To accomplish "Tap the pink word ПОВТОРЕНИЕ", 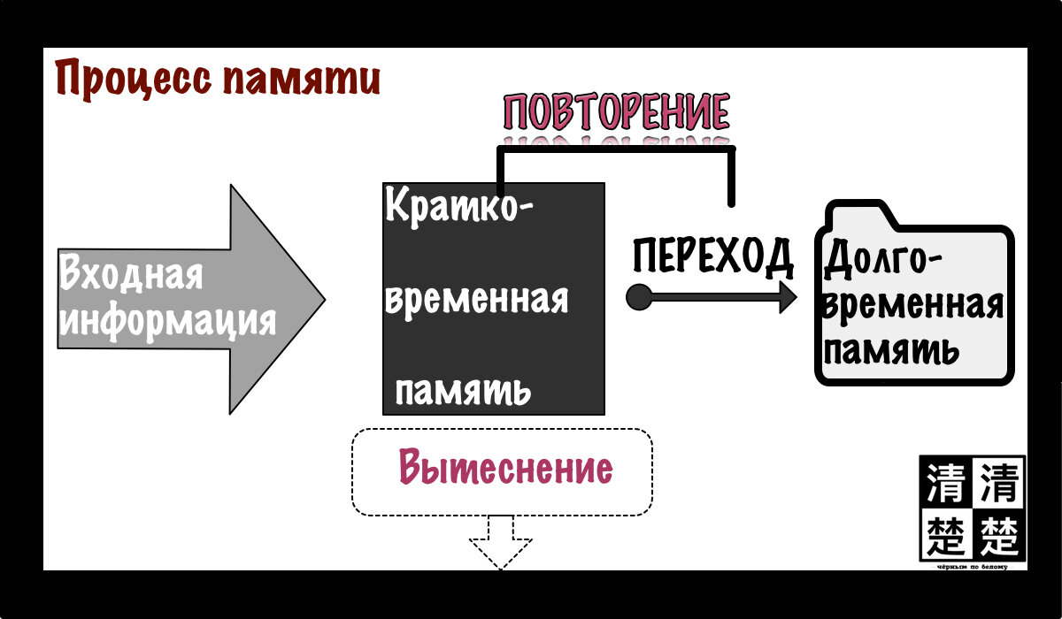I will click(616, 113).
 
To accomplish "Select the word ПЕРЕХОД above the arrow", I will click(712, 257).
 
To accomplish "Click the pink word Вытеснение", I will click(504, 468).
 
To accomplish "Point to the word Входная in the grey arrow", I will click(131, 273).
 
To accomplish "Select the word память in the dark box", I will click(462, 390).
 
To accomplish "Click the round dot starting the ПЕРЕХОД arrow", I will click(638, 297).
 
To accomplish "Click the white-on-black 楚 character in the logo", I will click(997, 533).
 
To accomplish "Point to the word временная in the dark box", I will click(475, 300).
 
